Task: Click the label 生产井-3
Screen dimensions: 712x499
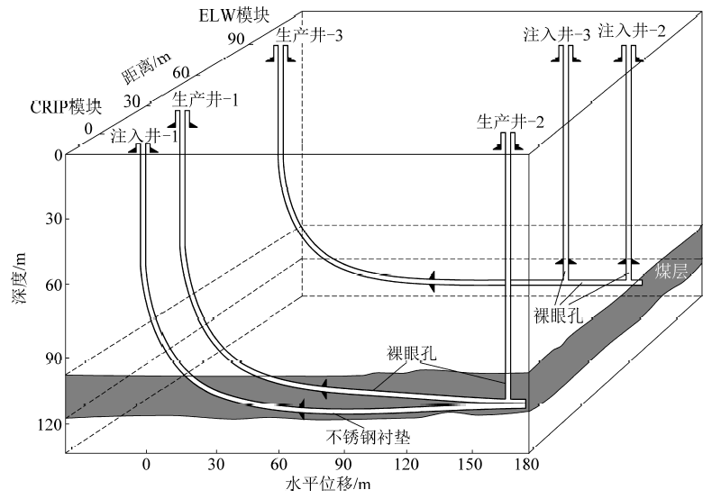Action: tap(309, 34)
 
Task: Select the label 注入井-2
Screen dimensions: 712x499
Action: tap(632, 31)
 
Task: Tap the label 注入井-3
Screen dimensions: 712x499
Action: tap(557, 34)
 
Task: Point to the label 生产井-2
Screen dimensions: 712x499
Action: tap(510, 122)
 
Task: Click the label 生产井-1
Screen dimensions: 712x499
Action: tap(205, 99)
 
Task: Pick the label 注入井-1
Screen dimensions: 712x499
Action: tap(144, 136)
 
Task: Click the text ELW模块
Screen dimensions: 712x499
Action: tap(233, 15)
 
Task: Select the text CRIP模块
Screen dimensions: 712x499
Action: tap(67, 107)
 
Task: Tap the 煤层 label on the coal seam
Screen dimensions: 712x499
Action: tap(671, 271)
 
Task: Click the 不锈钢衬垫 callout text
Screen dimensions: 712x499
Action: tap(369, 437)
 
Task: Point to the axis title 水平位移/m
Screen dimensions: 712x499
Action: tap(328, 484)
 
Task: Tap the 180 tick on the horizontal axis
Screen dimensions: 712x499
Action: tap(527, 464)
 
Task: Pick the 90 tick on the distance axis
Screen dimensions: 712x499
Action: tap(236, 39)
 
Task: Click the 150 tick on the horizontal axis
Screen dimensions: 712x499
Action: tap(470, 464)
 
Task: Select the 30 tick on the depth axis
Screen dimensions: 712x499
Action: tap(54, 219)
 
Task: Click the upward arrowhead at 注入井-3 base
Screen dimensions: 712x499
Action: tap(566, 261)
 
